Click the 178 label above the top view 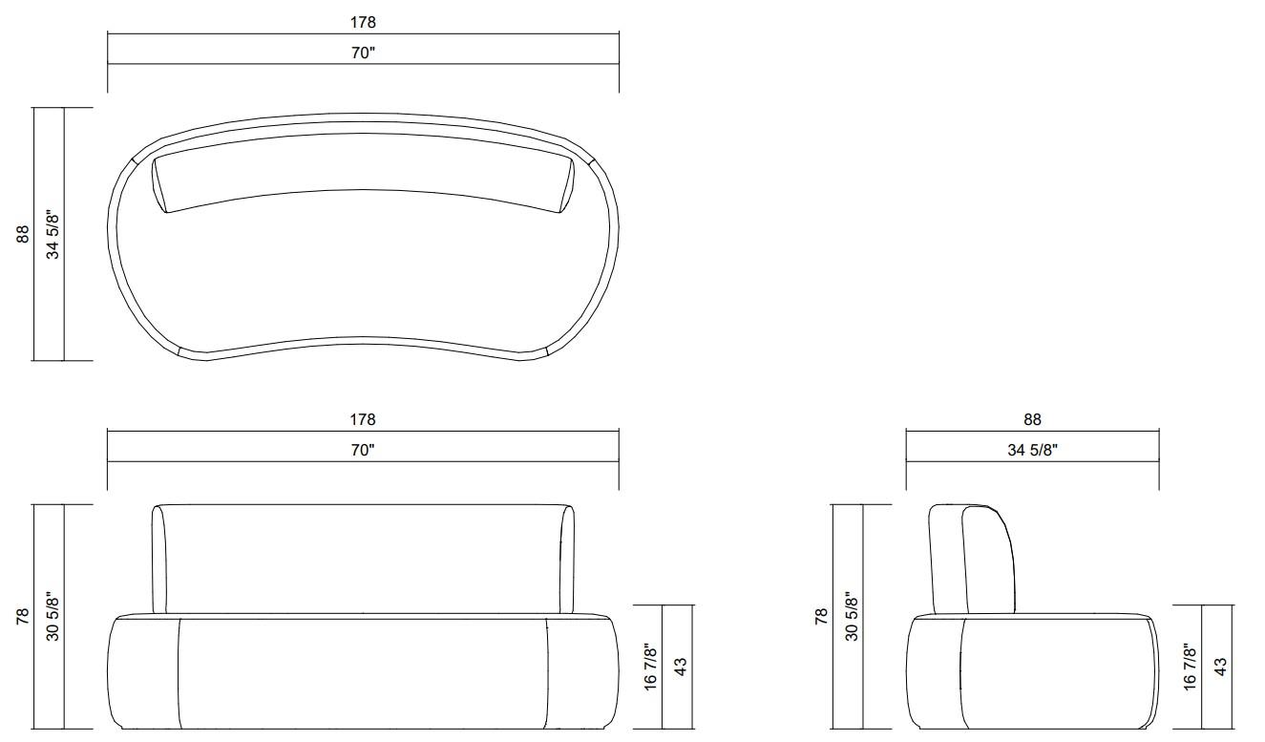pyautogui.click(x=363, y=22)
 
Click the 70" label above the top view pyautogui.click(x=363, y=53)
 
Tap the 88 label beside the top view pyautogui.click(x=23, y=234)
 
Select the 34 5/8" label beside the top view pyautogui.click(x=53, y=235)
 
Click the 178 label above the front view pyautogui.click(x=363, y=419)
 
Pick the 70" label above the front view pyautogui.click(x=363, y=451)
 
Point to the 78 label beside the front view pyautogui.click(x=23, y=617)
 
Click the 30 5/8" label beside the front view pyautogui.click(x=53, y=617)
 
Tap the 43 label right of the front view pyautogui.click(x=681, y=667)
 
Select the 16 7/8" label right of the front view pyautogui.click(x=650, y=667)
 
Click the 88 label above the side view pyautogui.click(x=1032, y=419)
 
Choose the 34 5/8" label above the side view pyautogui.click(x=1032, y=451)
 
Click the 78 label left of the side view pyautogui.click(x=821, y=617)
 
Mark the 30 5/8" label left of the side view pyautogui.click(x=852, y=617)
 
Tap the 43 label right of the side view pyautogui.click(x=1220, y=667)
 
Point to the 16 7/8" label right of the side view pyautogui.click(x=1190, y=667)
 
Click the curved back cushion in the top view pyautogui.click(x=363, y=181)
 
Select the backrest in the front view pyautogui.click(x=363, y=559)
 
